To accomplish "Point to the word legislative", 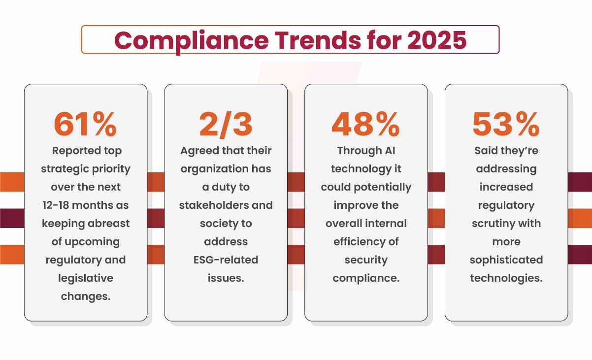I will click(85, 278).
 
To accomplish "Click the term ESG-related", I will click(226, 260).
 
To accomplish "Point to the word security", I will click(366, 260).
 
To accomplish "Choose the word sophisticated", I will click(506, 260).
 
